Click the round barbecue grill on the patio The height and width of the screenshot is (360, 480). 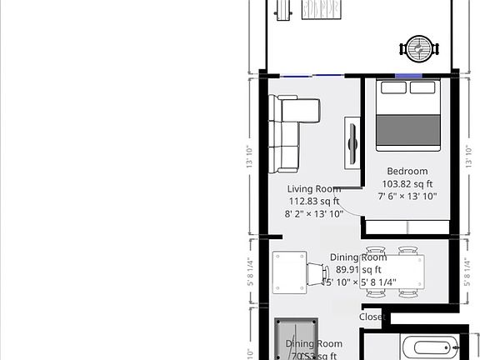pyautogui.click(x=417, y=48)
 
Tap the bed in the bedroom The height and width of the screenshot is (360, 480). pyautogui.click(x=408, y=117)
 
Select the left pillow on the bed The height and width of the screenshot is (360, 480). pyautogui.click(x=395, y=87)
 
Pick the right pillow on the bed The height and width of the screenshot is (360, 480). pyautogui.click(x=422, y=87)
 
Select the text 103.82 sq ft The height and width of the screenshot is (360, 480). pyautogui.click(x=407, y=184)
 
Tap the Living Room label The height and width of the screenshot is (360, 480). pyautogui.click(x=313, y=189)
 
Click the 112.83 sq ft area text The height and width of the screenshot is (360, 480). pyautogui.click(x=313, y=201)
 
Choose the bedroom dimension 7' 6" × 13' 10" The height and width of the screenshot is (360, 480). pyautogui.click(x=407, y=197)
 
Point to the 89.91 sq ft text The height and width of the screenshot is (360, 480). pyautogui.click(x=358, y=270)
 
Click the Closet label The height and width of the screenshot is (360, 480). pyautogui.click(x=372, y=317)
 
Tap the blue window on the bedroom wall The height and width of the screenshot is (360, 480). pyautogui.click(x=408, y=77)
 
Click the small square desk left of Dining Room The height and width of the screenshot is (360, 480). pyautogui.click(x=289, y=272)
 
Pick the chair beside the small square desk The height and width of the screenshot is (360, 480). pyautogui.click(x=317, y=272)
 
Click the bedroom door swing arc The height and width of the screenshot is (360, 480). pyautogui.click(x=350, y=208)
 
